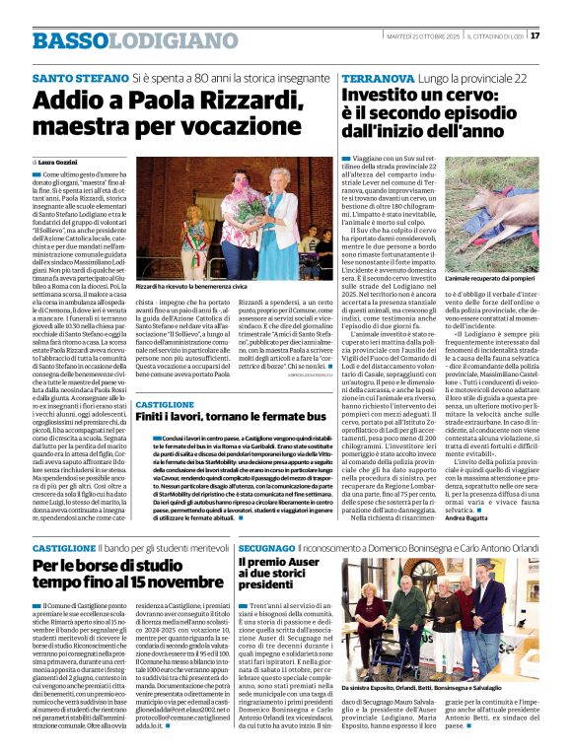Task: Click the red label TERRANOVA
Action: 375,77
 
